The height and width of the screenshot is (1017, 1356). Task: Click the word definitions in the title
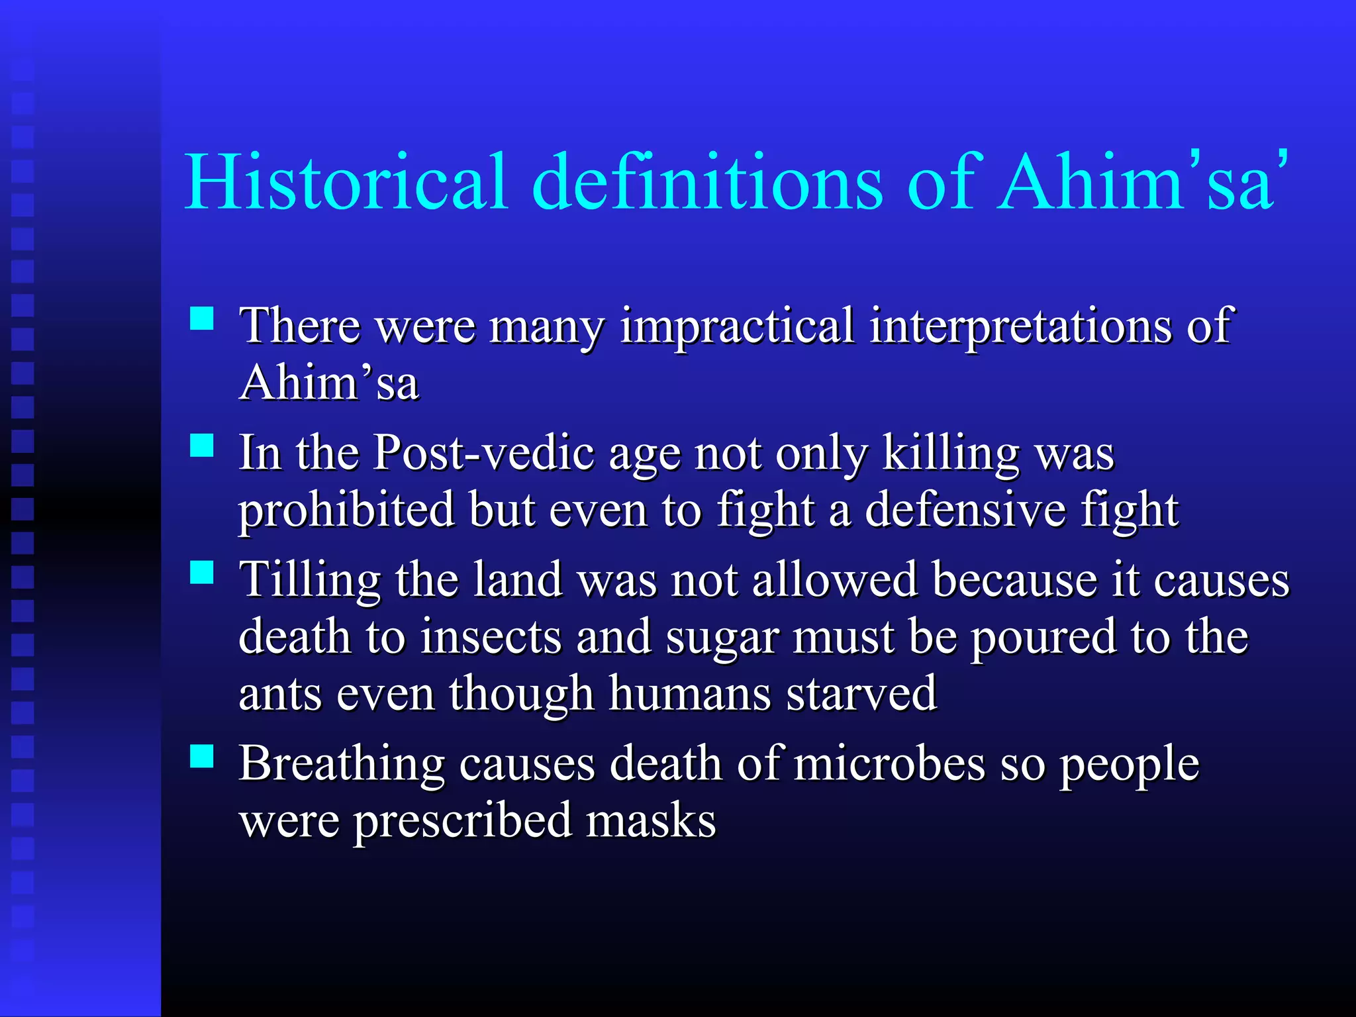point(707,182)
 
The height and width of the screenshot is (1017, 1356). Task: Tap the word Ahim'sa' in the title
point(1142,182)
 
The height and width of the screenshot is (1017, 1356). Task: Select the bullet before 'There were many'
point(201,318)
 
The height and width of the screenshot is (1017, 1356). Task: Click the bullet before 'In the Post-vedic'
point(201,446)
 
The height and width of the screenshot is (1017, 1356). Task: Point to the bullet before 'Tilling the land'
point(201,573)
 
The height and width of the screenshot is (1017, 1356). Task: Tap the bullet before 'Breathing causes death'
point(201,756)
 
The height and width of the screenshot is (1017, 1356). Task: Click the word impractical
point(737,326)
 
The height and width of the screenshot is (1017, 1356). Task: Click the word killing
point(951,454)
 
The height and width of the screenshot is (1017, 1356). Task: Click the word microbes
point(889,764)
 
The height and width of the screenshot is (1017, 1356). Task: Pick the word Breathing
point(341,764)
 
